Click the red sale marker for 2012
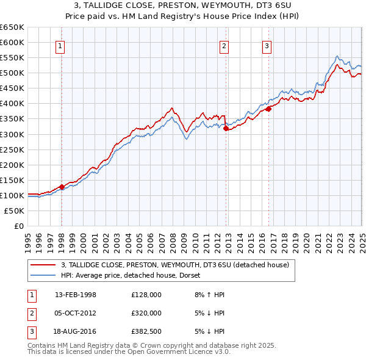226,128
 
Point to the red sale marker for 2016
268,109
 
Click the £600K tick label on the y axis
12,42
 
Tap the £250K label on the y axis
12,149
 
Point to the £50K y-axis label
15,211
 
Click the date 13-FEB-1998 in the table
76,295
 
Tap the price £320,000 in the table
146,313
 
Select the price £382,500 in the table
146,331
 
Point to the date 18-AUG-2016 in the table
76,331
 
